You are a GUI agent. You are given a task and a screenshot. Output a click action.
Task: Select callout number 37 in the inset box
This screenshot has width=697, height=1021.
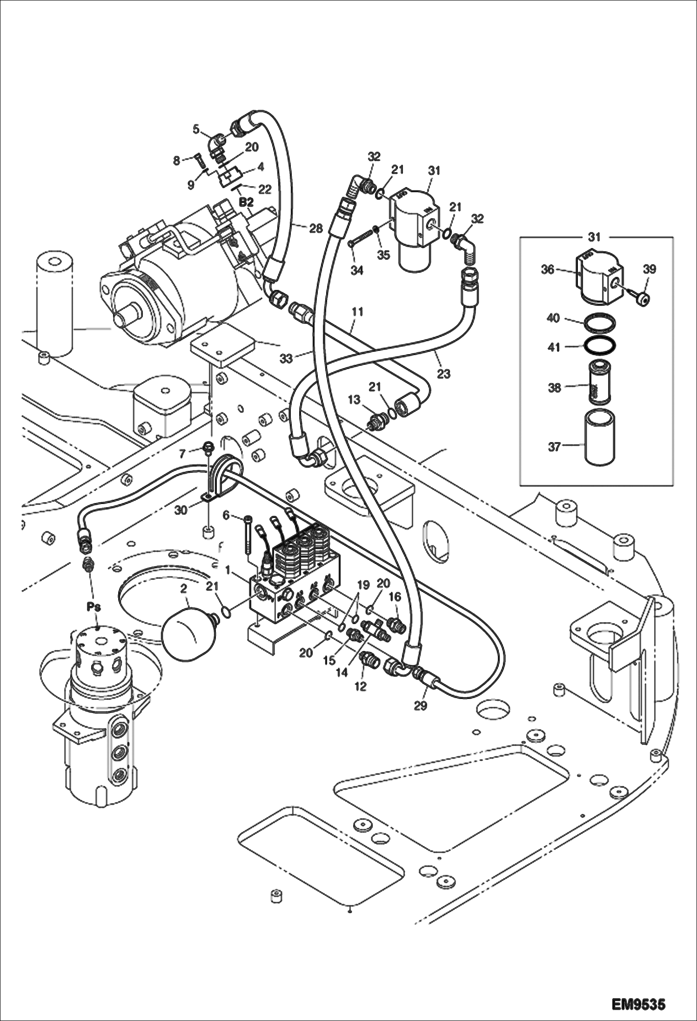coord(554,447)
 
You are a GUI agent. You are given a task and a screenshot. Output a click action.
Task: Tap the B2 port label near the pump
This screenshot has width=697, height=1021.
coord(246,202)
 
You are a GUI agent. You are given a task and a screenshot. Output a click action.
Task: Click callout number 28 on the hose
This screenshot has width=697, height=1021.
coord(316,228)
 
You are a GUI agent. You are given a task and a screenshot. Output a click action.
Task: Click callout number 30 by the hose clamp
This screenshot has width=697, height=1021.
coord(181,510)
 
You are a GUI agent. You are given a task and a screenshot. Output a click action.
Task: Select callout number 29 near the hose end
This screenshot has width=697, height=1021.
coord(420,705)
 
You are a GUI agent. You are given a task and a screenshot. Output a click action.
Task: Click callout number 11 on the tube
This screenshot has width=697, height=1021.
coord(357,312)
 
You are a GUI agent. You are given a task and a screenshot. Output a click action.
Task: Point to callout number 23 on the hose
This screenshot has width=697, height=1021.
coord(443,373)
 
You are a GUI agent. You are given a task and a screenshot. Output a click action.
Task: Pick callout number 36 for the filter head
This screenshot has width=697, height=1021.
coord(548,269)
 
